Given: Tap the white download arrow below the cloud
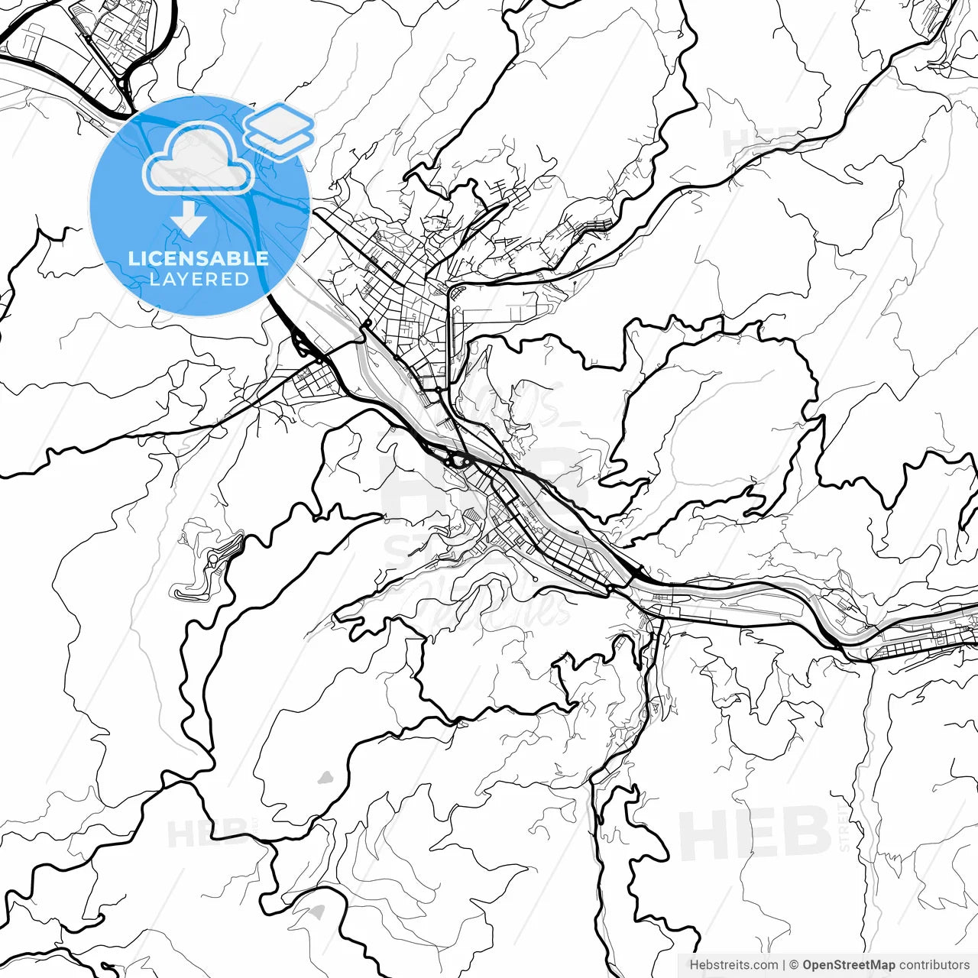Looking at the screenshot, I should pyautogui.click(x=188, y=221).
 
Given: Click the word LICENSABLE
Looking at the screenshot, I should pyautogui.click(x=199, y=258).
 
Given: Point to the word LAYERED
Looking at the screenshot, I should pyautogui.click(x=199, y=280).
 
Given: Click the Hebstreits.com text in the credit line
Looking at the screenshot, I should pyautogui.click(x=733, y=965).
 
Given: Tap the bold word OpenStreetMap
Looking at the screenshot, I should pyautogui.click(x=849, y=965).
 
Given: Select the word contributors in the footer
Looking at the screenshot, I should pyautogui.click(x=934, y=965).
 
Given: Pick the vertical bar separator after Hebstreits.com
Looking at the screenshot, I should pyautogui.click(x=784, y=965).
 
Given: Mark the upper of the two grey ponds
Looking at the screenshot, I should pyautogui.click(x=326, y=778).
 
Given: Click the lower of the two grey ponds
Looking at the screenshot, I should pyautogui.click(x=316, y=912).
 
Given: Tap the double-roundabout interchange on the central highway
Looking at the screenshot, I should pyautogui.click(x=453, y=460).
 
